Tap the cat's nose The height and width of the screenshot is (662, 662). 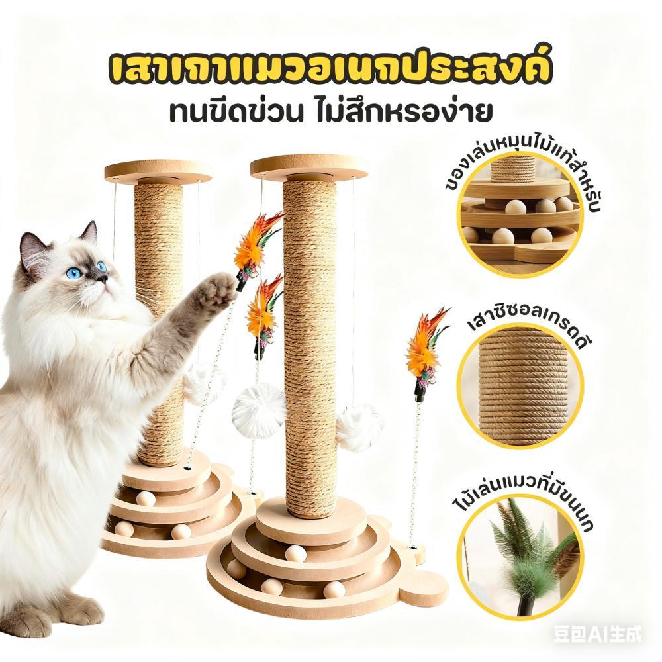pos(103,278)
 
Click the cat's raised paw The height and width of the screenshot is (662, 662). pos(218,288)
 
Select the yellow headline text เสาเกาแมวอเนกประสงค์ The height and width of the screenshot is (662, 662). pos(330,71)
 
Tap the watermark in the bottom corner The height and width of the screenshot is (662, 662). pos(597,634)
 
